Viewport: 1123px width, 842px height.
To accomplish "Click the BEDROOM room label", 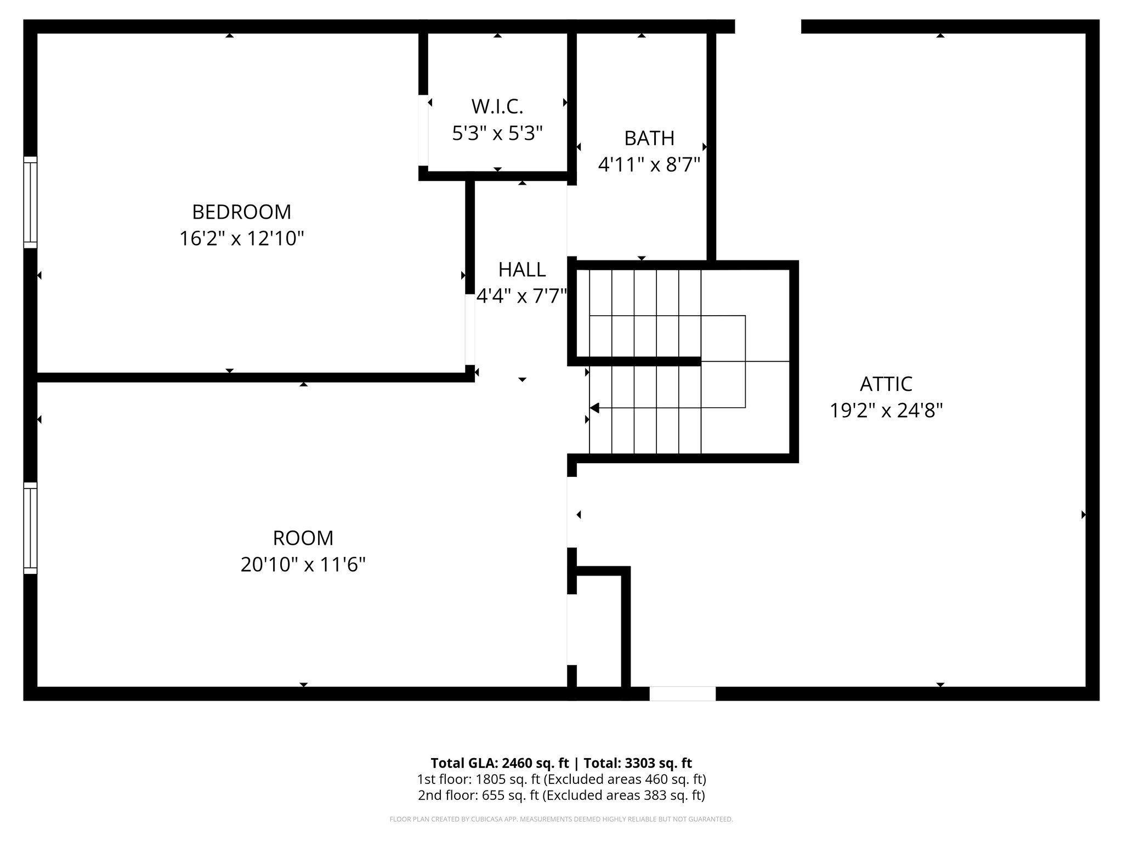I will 241,212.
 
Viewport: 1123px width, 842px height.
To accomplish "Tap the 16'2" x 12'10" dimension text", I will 241,238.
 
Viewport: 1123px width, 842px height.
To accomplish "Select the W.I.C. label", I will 497,106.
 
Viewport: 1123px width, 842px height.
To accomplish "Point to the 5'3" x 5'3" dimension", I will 497,133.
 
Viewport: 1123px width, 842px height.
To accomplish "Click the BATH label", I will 649,138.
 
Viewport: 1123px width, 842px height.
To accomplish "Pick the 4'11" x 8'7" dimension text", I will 649,164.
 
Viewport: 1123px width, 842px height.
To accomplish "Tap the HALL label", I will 521,270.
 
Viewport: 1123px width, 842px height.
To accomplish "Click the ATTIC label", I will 886,384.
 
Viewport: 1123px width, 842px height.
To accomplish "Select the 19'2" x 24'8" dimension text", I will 886,411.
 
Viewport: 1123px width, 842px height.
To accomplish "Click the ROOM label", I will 303,538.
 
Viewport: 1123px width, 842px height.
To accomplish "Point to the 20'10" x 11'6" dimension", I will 303,565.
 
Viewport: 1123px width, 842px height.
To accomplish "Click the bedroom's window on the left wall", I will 30,202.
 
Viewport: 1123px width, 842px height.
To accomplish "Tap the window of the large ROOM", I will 30,528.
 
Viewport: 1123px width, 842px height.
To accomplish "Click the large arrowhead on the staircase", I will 594,408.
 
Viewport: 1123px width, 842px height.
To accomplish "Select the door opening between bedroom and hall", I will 470,329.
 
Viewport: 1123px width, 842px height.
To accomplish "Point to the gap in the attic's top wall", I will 768,26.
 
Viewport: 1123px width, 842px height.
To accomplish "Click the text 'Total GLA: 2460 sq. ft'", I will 499,763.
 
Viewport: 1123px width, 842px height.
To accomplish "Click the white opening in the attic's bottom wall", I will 682,693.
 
